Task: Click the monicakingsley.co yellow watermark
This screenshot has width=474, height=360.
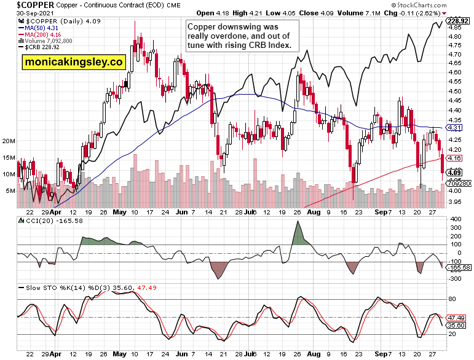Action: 74,62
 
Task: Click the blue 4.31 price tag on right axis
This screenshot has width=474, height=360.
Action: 454,127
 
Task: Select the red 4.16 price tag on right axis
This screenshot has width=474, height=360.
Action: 454,158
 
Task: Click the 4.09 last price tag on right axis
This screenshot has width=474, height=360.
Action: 455,173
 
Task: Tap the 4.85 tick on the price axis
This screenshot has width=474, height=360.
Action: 455,28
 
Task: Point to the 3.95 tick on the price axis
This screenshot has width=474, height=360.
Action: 455,200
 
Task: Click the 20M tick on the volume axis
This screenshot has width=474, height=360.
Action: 9,141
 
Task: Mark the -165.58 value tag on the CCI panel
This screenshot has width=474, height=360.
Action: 459,267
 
